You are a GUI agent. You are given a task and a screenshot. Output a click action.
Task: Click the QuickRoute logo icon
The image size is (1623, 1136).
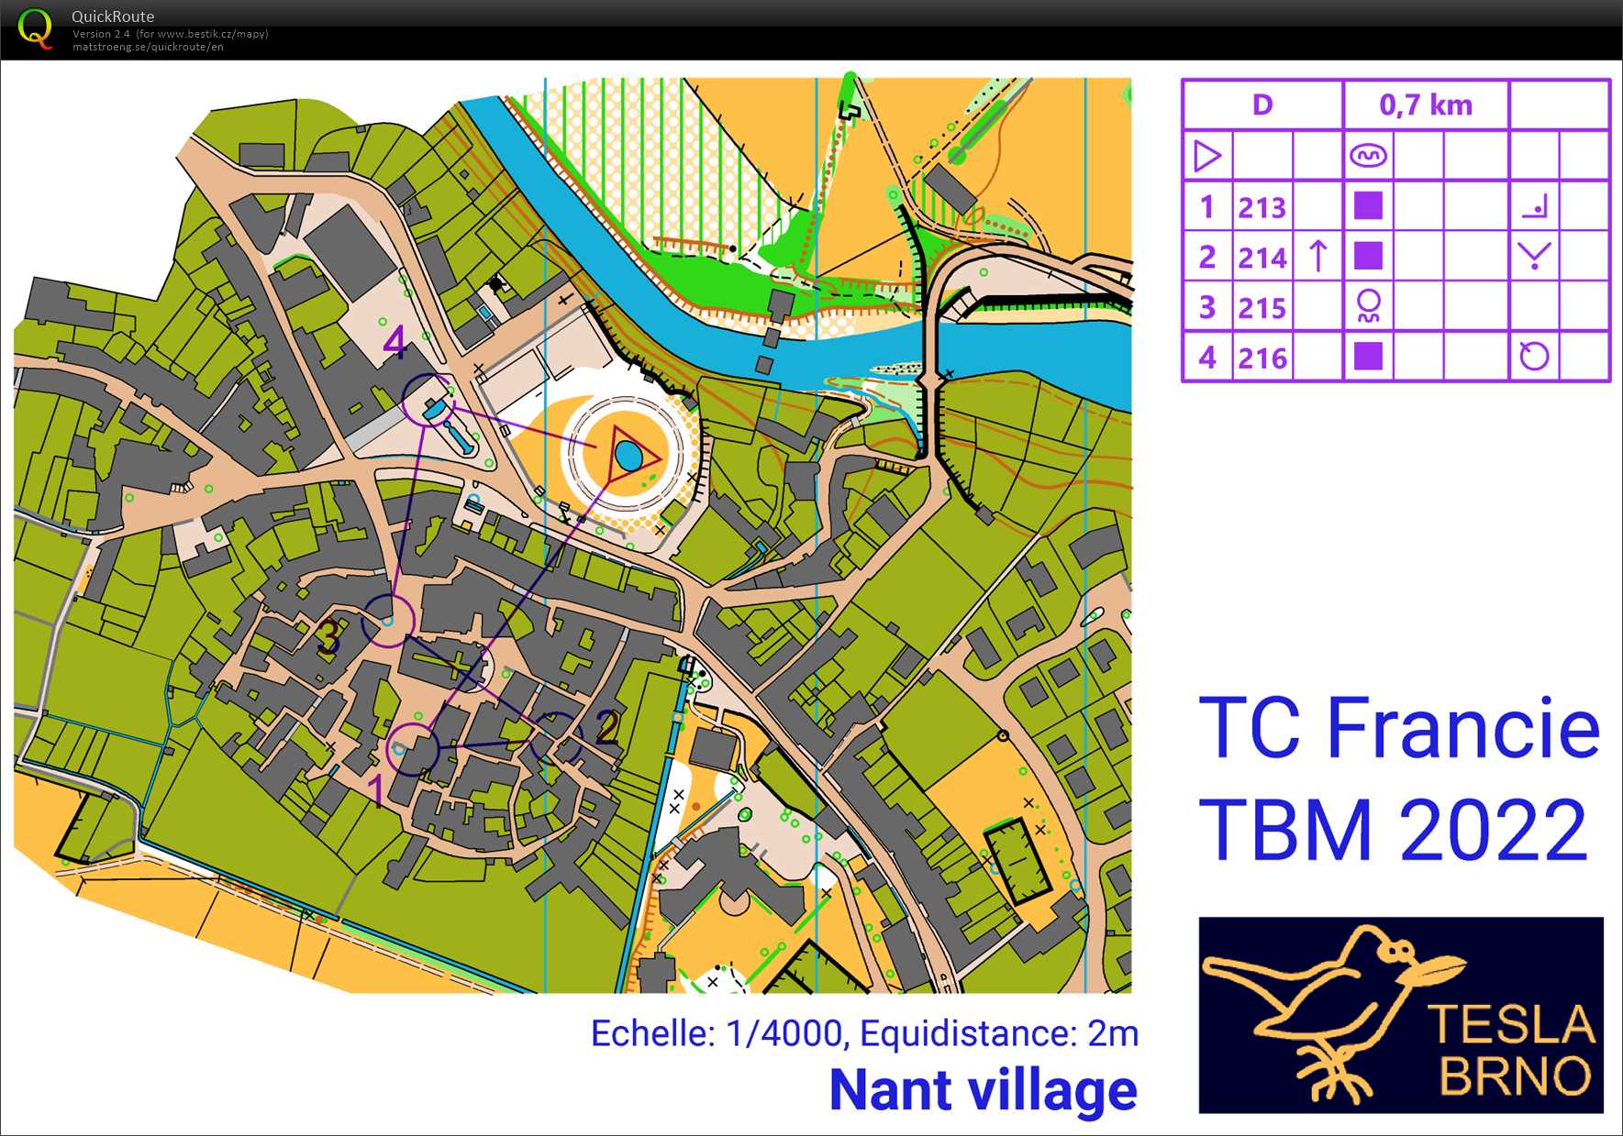point(35,28)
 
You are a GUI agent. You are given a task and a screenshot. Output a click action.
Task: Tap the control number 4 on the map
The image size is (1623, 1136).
point(395,342)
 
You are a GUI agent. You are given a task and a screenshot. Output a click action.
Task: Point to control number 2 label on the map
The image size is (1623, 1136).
point(606,726)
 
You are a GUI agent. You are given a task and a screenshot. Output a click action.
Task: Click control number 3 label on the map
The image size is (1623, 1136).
point(328,636)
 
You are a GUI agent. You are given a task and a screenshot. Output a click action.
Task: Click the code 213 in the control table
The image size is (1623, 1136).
point(1262,208)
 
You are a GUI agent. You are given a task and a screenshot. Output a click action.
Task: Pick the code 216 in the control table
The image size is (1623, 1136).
point(1262,358)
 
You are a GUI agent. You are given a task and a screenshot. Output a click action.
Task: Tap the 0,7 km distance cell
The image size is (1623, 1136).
point(1425,105)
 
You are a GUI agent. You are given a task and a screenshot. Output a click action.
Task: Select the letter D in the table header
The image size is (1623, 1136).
point(1262,105)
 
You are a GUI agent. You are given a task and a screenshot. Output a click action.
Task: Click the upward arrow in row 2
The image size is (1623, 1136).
point(1317,256)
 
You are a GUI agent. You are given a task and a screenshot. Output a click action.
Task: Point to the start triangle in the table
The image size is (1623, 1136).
point(1207,156)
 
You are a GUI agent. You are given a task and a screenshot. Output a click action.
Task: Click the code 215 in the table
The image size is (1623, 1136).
point(1262,308)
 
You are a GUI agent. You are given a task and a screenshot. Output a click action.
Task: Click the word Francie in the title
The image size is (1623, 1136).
point(1462,729)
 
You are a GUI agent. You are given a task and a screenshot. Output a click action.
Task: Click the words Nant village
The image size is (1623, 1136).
point(983,1090)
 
